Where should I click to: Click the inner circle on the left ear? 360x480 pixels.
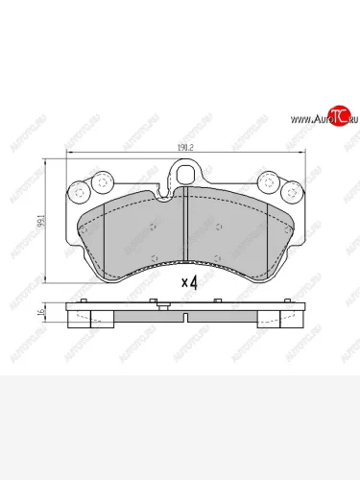point(100,180)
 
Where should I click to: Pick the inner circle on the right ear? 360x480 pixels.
point(268,180)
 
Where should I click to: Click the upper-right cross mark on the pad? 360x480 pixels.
point(220,227)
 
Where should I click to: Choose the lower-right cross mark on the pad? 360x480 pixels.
point(220,256)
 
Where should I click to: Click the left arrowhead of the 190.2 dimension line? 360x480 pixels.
point(68,156)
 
